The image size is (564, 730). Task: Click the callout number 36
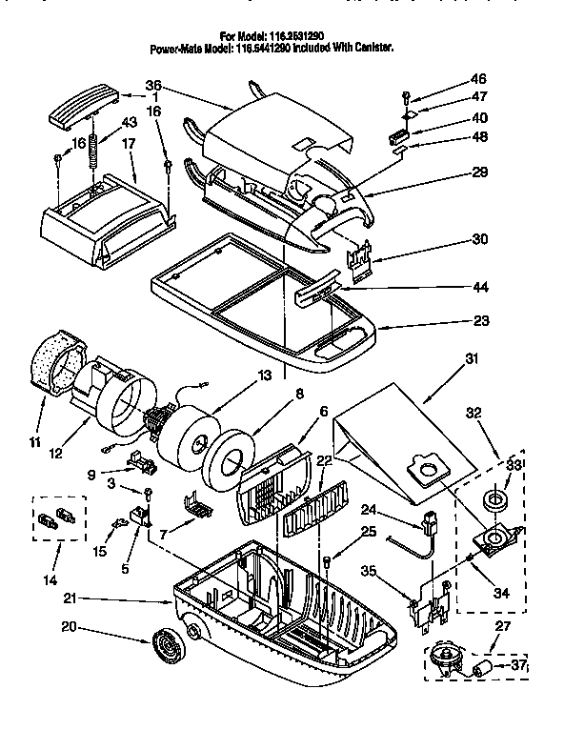click(153, 84)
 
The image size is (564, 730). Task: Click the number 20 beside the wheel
click(68, 627)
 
